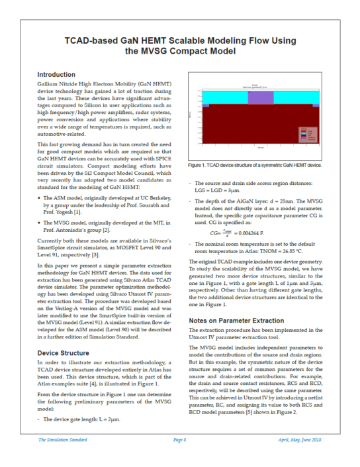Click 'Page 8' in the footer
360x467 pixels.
180,439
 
